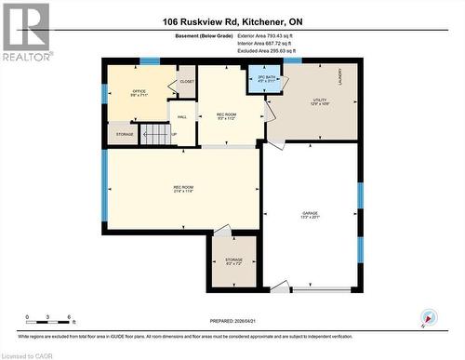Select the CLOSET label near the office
[x=186, y=82]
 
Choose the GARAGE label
[x=310, y=215]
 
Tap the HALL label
[x=182, y=117]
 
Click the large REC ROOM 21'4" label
[x=182, y=190]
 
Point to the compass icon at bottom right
[x=428, y=318]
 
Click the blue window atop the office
[x=150, y=61]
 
